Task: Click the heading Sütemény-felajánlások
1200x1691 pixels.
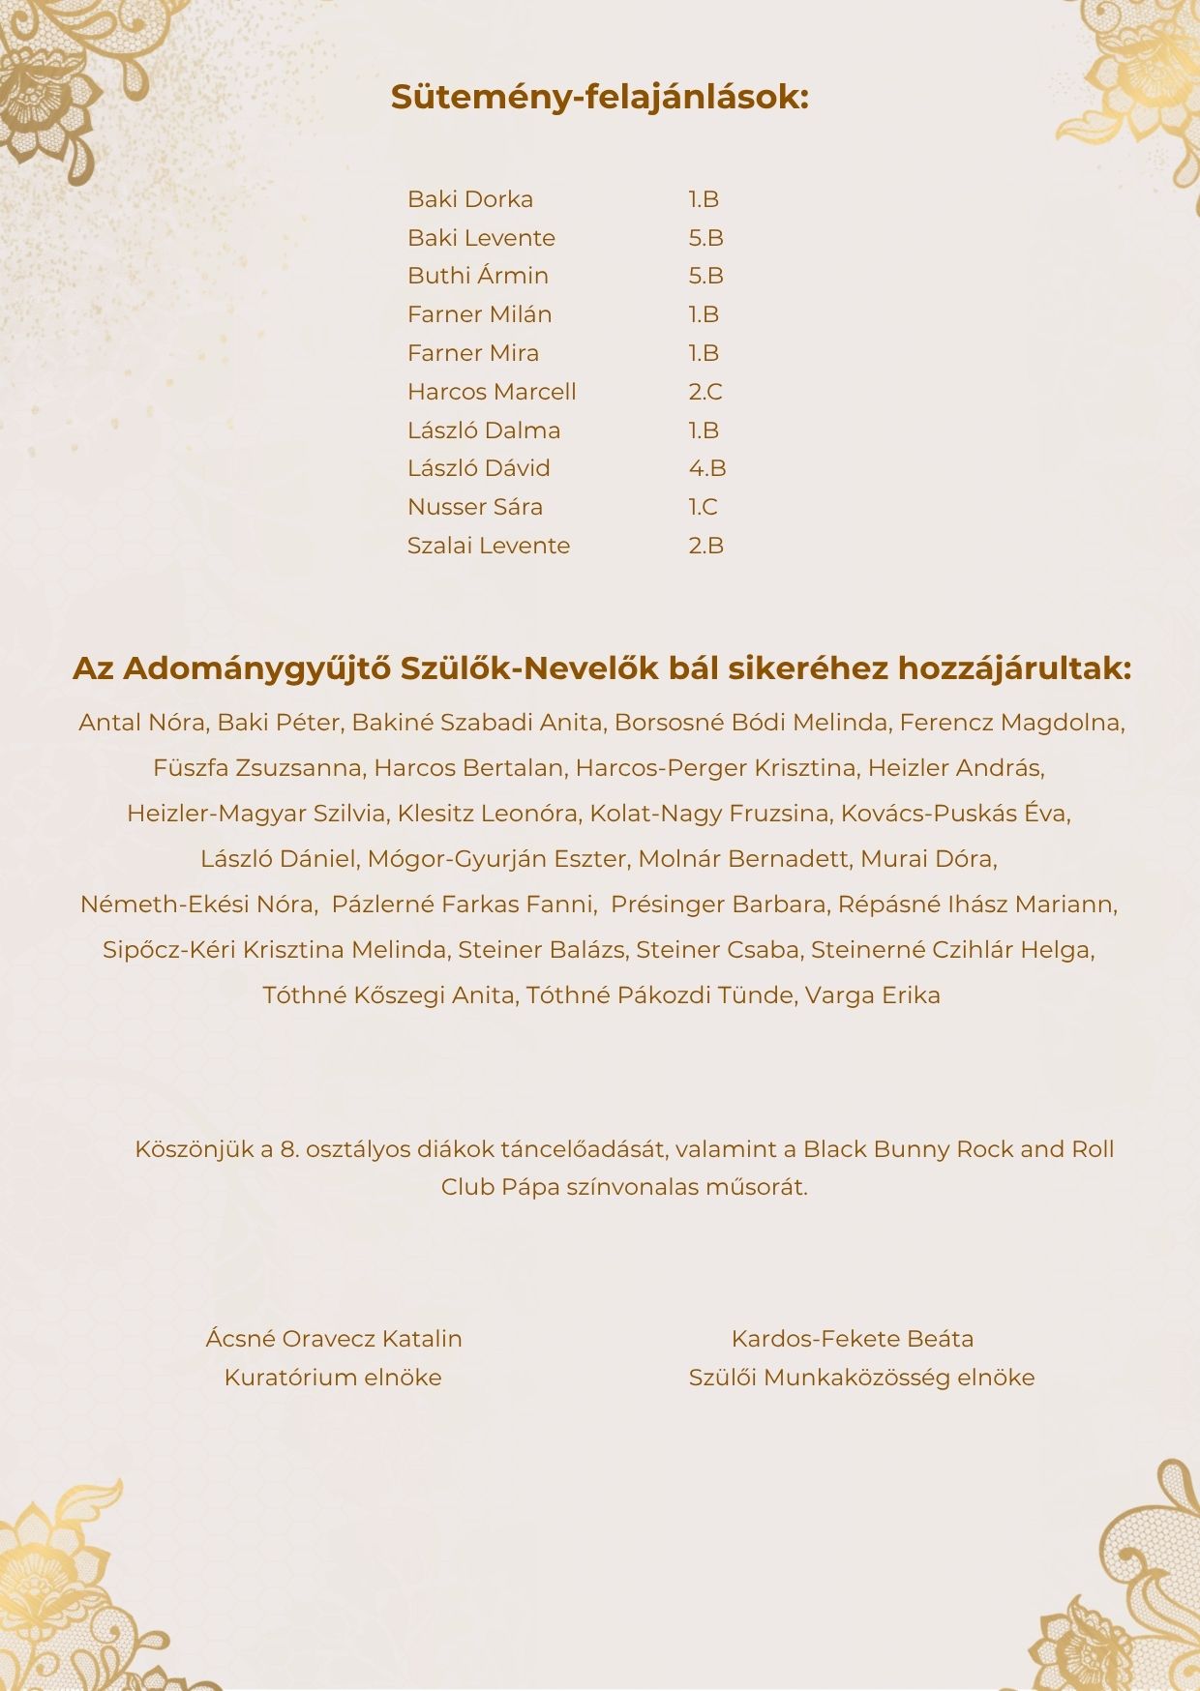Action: tap(599, 98)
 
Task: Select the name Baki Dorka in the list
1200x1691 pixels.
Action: tap(470, 199)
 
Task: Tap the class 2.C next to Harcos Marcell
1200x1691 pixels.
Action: tap(705, 392)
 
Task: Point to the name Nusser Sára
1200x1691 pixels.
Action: tap(475, 507)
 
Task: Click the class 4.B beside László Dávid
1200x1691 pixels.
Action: tap(707, 468)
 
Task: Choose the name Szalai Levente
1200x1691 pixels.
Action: tap(489, 546)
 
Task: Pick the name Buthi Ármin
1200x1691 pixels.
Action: tap(478, 276)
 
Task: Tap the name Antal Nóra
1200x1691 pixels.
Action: tap(141, 723)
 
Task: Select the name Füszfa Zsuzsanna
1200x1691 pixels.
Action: tap(257, 768)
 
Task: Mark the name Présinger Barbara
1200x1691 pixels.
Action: tap(719, 905)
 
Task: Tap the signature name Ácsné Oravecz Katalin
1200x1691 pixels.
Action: tap(334, 1339)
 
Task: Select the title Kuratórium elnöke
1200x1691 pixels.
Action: tap(333, 1378)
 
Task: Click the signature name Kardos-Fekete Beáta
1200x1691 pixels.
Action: tap(853, 1339)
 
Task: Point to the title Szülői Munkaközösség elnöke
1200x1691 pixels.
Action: tap(861, 1378)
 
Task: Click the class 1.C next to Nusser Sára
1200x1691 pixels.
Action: tap(704, 507)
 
